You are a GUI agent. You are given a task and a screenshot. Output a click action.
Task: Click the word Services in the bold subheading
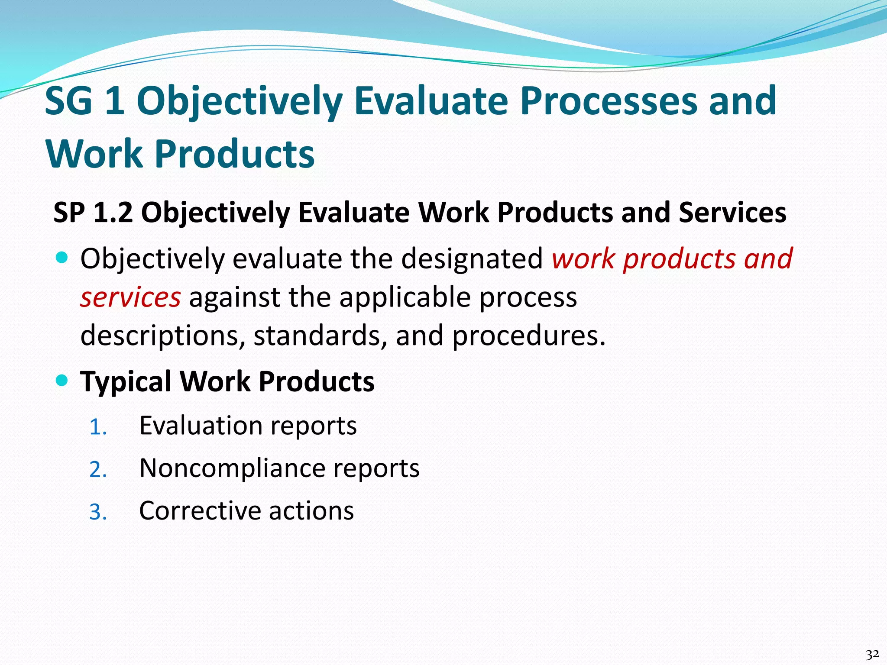pyautogui.click(x=732, y=213)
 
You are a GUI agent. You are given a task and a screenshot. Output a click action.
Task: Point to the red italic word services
pyautogui.click(x=130, y=297)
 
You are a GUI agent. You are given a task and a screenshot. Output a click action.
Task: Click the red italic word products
pyautogui.click(x=680, y=259)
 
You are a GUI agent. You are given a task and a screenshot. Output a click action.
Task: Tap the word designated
pyautogui.click(x=472, y=259)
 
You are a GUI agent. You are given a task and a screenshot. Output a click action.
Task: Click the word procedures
pyautogui.click(x=528, y=336)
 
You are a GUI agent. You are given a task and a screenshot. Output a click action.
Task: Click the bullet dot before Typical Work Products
pyautogui.click(x=62, y=381)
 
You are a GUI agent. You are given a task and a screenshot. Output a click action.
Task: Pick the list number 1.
pyautogui.click(x=97, y=427)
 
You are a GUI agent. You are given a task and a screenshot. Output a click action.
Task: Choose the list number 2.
pyautogui.click(x=97, y=470)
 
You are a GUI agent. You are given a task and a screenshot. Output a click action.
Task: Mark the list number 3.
pyautogui.click(x=97, y=512)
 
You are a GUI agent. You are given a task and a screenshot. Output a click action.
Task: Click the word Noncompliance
pyautogui.click(x=231, y=468)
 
